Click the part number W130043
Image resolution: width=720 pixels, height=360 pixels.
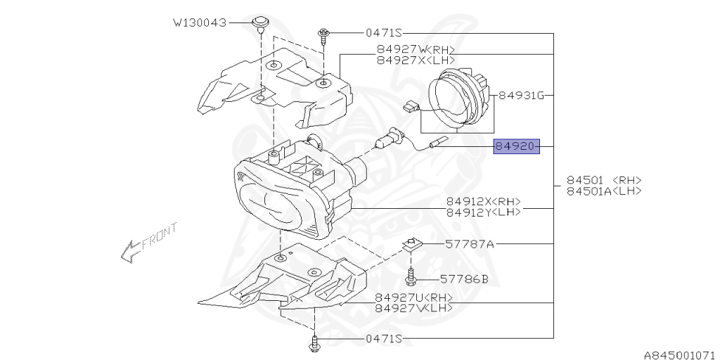coord(200,22)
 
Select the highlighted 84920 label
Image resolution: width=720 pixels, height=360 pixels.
coord(516,146)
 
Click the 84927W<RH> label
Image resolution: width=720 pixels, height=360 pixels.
coord(416,50)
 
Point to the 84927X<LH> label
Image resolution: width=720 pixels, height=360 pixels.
coord(416,60)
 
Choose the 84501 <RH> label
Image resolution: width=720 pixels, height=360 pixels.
coord(604,180)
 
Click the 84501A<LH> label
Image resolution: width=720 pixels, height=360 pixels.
coord(604,191)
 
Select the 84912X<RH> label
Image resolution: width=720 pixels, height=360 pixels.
coord(484,200)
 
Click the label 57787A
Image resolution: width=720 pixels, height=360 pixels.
coord(470,244)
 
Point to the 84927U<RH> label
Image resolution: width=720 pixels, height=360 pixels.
coord(413,297)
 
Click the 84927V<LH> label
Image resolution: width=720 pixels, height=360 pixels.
coord(413,308)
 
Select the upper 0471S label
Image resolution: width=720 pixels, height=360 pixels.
coord(384,32)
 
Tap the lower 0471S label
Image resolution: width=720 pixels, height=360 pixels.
coord(384,339)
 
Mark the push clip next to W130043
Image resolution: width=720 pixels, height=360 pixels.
coord(261,22)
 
